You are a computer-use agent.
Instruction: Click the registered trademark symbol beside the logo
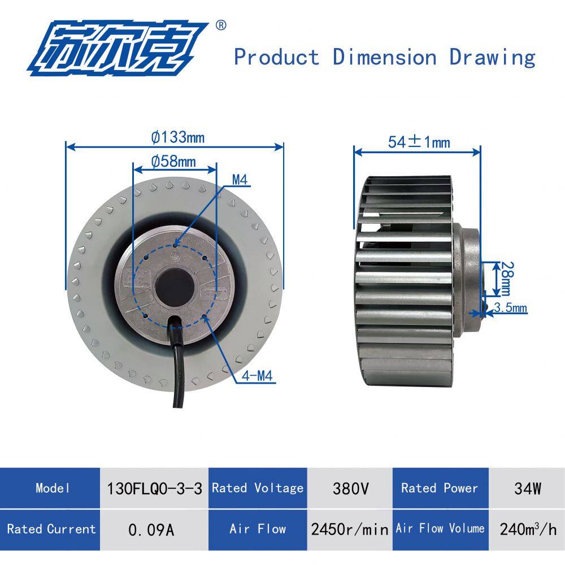pyautogui.click(x=221, y=25)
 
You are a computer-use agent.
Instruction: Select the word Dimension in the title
pyautogui.click(x=384, y=57)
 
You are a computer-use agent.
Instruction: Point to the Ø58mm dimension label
pyautogui.click(x=173, y=162)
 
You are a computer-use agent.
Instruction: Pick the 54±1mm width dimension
pyautogui.click(x=419, y=142)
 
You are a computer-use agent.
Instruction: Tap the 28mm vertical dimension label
pyautogui.click(x=505, y=278)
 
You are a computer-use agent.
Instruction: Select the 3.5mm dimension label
pyautogui.click(x=510, y=308)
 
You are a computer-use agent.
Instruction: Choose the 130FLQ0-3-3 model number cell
pyautogui.click(x=154, y=488)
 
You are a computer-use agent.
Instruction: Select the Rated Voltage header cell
pyautogui.click(x=258, y=488)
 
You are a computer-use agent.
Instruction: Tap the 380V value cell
pyautogui.click(x=349, y=488)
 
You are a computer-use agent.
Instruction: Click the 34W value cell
pyautogui.click(x=528, y=488)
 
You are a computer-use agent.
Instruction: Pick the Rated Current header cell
pyautogui.click(x=51, y=529)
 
